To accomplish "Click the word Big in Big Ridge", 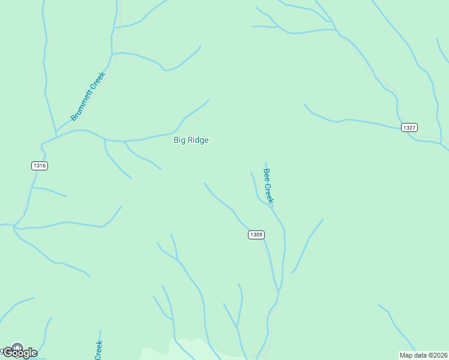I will (x=179, y=140).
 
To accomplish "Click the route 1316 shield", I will (x=40, y=166).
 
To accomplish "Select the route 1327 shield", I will (x=409, y=127).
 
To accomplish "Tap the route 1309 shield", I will (x=256, y=235).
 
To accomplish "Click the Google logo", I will (x=20, y=352).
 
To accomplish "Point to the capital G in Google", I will (x=8, y=352).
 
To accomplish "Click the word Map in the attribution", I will (x=406, y=355).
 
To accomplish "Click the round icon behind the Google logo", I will (x=17, y=347).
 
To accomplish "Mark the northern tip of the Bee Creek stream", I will (x=266, y=162).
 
